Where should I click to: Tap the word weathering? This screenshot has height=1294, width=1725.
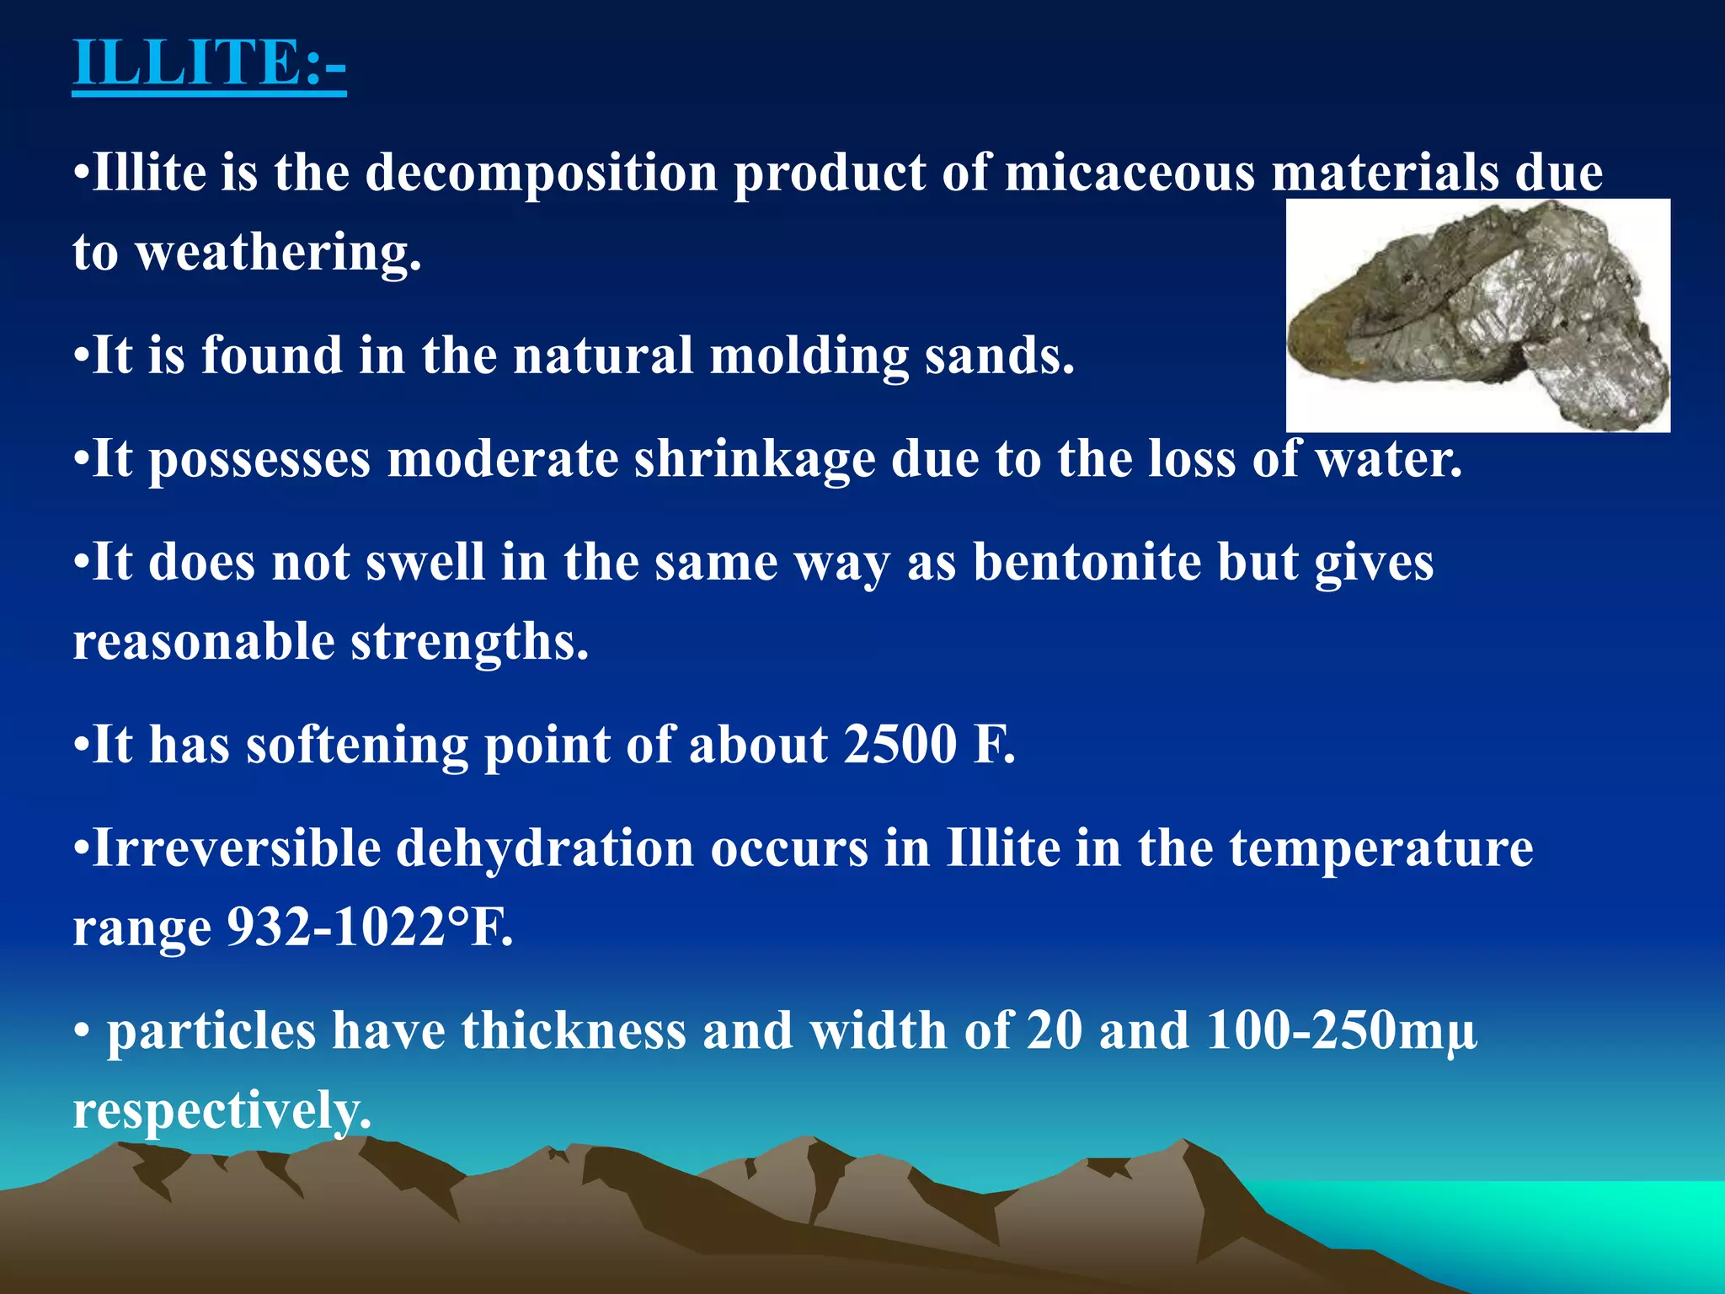(278, 252)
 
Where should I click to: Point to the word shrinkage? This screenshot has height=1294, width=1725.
(754, 459)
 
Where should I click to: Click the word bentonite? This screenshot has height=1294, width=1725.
(1087, 562)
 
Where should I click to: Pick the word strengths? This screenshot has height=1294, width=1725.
(469, 642)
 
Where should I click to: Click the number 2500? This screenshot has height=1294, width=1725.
(900, 745)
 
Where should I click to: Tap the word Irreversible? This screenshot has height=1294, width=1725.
(236, 848)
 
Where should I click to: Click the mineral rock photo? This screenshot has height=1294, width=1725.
(1477, 315)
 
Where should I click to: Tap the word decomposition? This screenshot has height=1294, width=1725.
(541, 173)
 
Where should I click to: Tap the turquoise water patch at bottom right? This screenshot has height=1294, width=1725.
(1558, 1222)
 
